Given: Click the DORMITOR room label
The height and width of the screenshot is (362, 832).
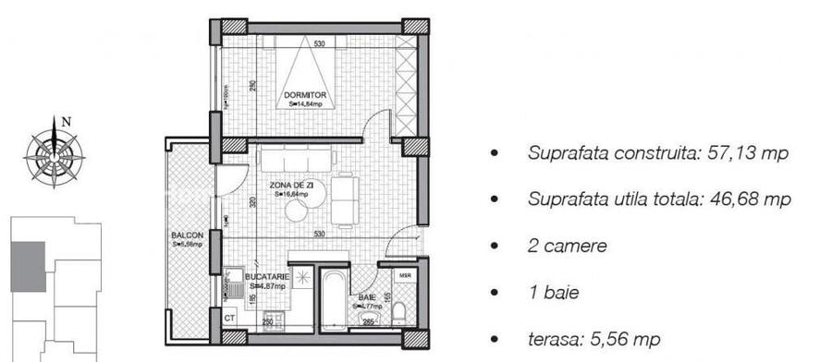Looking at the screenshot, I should click(304, 95).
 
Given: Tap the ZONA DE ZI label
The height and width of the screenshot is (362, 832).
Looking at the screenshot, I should click(289, 186).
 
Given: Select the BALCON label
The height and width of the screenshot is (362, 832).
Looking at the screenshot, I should click(187, 236).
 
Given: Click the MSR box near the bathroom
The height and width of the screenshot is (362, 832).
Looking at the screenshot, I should click(405, 276).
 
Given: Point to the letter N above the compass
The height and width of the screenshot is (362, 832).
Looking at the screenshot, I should click(66, 121).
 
